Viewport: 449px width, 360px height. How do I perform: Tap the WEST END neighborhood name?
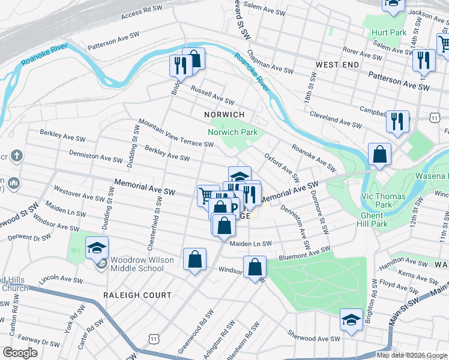pyautogui.click(x=337, y=64)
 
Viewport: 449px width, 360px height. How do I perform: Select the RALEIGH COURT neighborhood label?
pyautogui.click(x=137, y=295)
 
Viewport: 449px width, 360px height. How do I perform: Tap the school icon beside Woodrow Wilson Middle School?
pyautogui.click(x=97, y=247)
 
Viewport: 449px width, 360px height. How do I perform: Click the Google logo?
pyautogui.click(x=20, y=353)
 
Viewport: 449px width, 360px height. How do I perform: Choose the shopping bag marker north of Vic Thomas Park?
pyautogui.click(x=380, y=154)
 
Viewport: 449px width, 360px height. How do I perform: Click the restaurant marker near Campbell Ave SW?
pyautogui.click(x=397, y=122)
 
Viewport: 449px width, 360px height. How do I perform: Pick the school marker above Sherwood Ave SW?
pyautogui.click(x=351, y=320)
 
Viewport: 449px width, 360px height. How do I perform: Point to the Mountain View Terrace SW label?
pyautogui.click(x=175, y=133)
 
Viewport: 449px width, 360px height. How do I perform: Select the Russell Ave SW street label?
pyautogui.click(x=211, y=95)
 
